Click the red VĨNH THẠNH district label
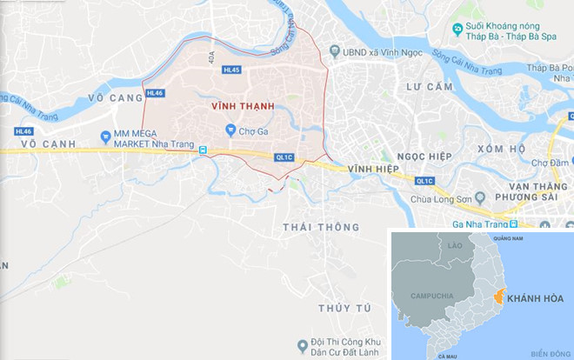click(x=243, y=105)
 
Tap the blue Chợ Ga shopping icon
click(x=230, y=130)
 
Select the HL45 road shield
click(x=231, y=70)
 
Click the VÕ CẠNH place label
click(x=44, y=142)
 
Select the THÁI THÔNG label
click(x=321, y=227)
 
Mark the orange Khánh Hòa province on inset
click(x=499, y=297)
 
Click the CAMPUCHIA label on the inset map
click(x=432, y=296)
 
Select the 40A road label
click(x=210, y=57)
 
